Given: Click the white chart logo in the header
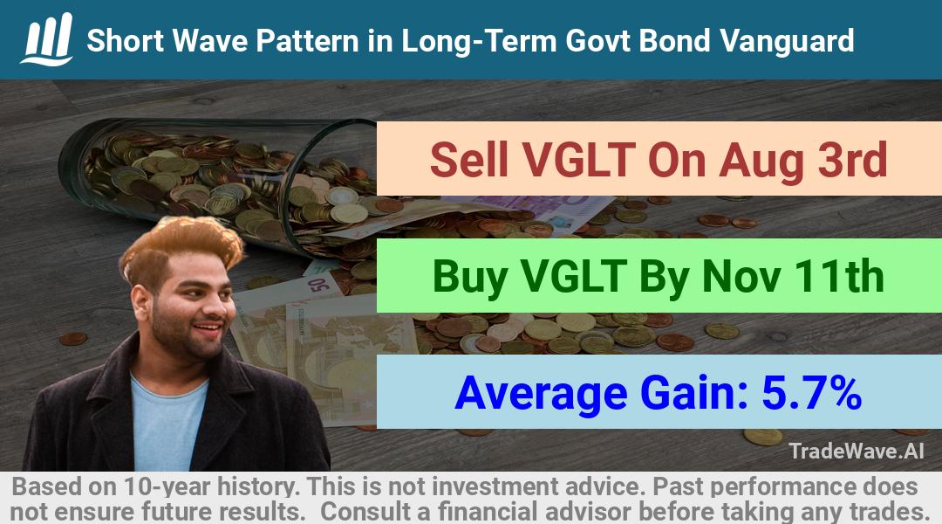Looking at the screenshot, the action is pos(47,39).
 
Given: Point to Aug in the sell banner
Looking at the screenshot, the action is pos(761,162).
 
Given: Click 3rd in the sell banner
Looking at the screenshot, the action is pos(853,160).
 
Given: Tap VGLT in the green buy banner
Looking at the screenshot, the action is pos(574,276).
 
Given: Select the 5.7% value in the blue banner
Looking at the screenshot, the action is pos(812,393).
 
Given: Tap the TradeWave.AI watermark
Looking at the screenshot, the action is pos(857,451).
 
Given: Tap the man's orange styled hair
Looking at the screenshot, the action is pos(181,245).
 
